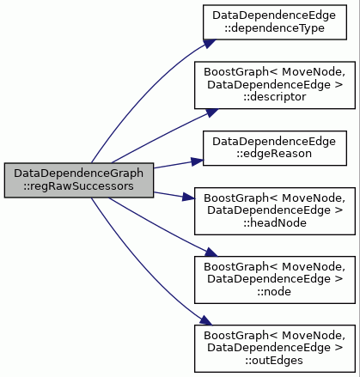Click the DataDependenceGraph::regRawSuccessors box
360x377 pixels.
point(79,180)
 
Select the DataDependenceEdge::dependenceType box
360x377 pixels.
point(275,22)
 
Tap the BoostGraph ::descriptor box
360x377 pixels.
point(275,85)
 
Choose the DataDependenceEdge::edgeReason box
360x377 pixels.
point(275,148)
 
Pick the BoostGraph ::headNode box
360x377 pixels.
point(275,211)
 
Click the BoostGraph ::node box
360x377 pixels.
point(275,280)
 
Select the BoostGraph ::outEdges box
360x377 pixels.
point(275,349)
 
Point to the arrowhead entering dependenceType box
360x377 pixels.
point(210,44)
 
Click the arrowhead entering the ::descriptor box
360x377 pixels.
point(211,112)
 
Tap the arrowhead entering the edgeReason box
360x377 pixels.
point(198,161)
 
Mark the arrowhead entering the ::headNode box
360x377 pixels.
point(189,198)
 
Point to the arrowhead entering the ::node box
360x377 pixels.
point(211,252)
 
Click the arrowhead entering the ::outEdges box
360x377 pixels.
point(206,320)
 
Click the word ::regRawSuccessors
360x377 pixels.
point(78,186)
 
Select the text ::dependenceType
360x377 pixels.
point(274,28)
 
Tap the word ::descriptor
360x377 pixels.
point(275,97)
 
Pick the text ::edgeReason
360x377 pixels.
point(274,154)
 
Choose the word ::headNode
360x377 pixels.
point(275,223)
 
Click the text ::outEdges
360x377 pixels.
point(274,361)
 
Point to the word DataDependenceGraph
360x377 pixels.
point(79,173)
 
